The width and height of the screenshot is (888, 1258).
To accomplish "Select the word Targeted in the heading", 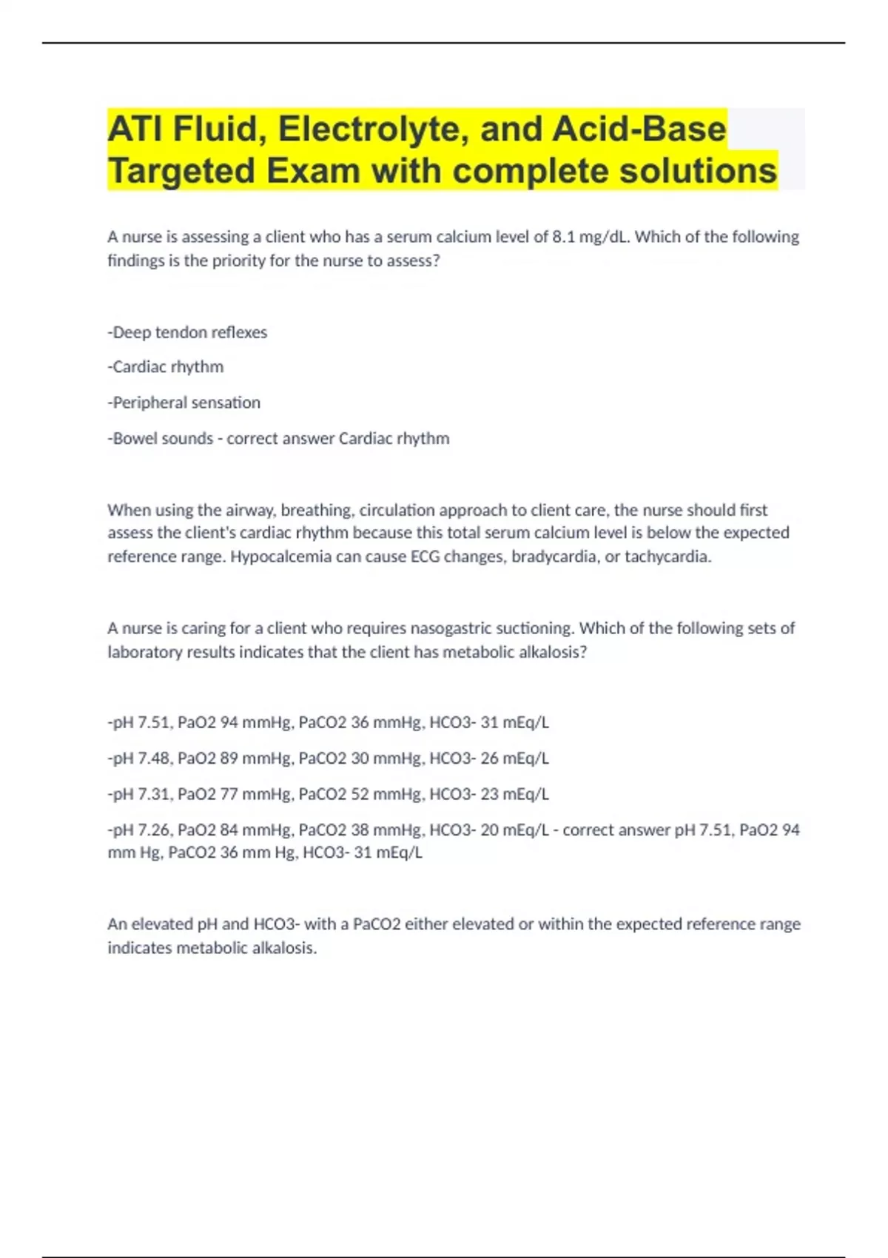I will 181,172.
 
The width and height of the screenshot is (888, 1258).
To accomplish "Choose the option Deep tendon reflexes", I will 189,332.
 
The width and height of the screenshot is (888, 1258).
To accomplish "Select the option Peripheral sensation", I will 186,403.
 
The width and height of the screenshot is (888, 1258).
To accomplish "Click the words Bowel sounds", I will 163,438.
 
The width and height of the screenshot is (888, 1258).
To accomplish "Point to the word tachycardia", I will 667,556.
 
